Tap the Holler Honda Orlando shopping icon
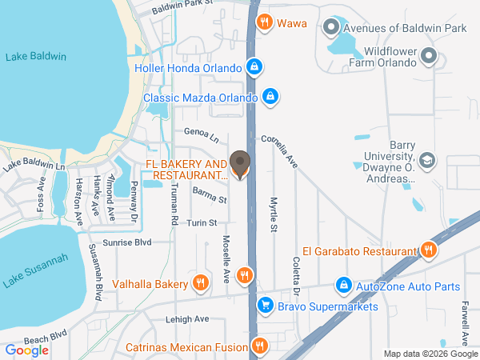pos(254,67)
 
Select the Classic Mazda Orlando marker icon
pos(270,97)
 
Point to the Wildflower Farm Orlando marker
pos(429,57)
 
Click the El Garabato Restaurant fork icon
pos(429,250)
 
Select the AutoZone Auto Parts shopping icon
pos(343,284)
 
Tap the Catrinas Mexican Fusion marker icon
pos(258,346)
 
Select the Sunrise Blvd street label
pos(126,241)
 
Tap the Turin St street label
pos(202,222)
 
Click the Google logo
pos(27,350)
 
